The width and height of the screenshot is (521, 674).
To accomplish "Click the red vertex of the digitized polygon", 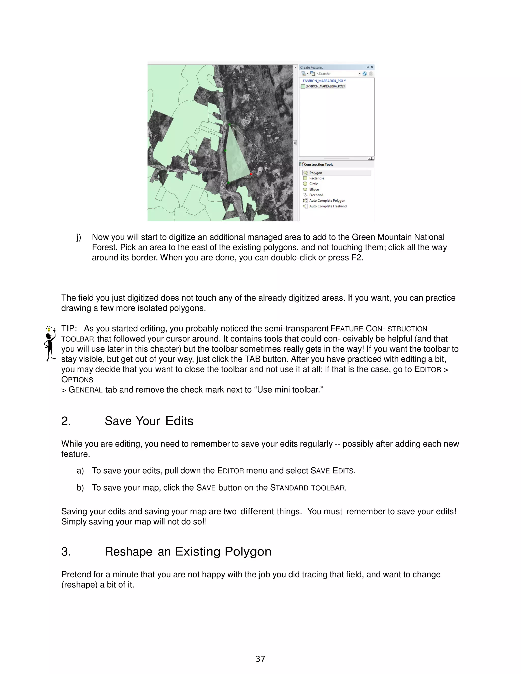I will pos(251,174).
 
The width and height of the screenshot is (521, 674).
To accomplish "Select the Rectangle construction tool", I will pos(316,178).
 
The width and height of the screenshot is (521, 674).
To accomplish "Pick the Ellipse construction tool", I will pos(314,189).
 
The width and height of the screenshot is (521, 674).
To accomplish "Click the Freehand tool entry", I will pos(316,195).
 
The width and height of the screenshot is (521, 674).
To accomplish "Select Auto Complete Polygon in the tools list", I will pos(327,201).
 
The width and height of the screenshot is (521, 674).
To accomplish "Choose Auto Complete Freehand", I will pos(327,206).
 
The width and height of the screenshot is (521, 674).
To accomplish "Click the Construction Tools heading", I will pos(318,165).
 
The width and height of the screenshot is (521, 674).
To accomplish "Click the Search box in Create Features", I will pos(336,74).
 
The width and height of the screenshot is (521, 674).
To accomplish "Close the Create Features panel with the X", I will pos(372,67).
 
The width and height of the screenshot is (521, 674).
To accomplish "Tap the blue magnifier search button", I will pos(365,74).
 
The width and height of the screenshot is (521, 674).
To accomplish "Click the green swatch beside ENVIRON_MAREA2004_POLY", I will pos(303,86).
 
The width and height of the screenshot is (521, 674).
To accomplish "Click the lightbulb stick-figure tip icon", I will pos(50,343).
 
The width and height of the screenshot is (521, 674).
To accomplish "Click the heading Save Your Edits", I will pos(149,421).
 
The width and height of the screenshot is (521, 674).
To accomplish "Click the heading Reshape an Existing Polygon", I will pos(188,551).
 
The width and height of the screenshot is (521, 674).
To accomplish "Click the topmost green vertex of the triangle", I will pos(229,124).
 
